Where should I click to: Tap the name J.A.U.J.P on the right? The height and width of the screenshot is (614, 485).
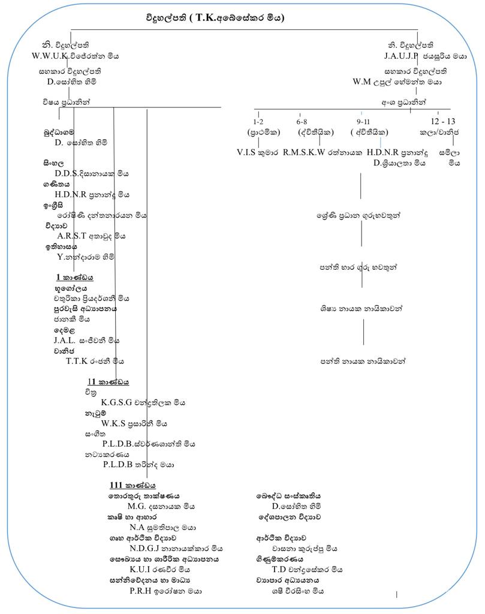(x=401, y=56)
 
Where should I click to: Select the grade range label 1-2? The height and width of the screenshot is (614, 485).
(x=258, y=121)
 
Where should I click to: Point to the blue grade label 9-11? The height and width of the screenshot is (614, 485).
(x=362, y=121)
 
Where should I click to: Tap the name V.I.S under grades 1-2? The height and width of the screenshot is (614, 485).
(x=248, y=152)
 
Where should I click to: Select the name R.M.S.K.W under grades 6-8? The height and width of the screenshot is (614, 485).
(x=304, y=152)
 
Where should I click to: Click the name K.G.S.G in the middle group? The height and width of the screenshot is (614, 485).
(x=116, y=402)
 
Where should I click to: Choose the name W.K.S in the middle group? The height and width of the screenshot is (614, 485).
(x=113, y=423)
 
